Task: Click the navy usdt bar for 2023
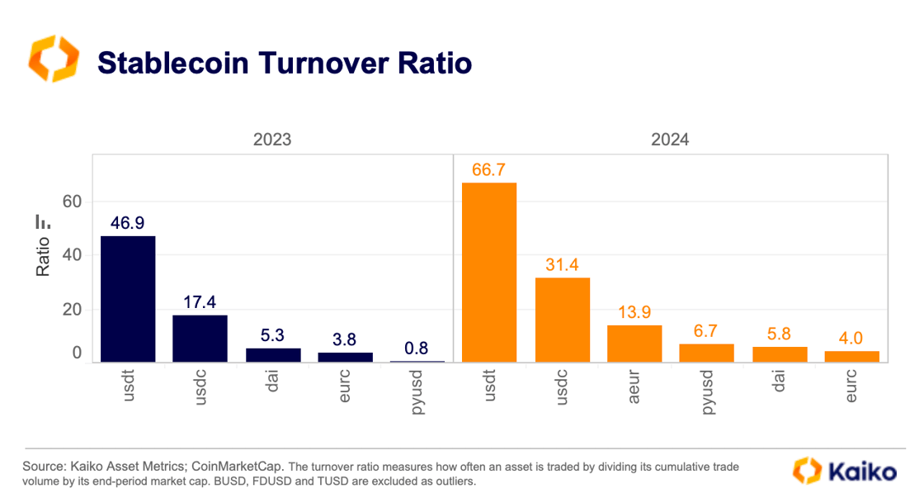click(128, 299)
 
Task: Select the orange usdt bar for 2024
click(489, 273)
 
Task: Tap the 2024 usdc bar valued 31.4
click(562, 320)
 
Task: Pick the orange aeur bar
click(634, 344)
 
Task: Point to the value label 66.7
click(489, 169)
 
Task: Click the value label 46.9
click(128, 223)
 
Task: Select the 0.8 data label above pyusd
click(417, 348)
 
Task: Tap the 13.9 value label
click(634, 312)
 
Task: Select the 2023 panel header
click(272, 140)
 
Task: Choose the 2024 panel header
click(670, 140)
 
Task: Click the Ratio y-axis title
click(44, 257)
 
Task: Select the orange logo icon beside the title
click(54, 59)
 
